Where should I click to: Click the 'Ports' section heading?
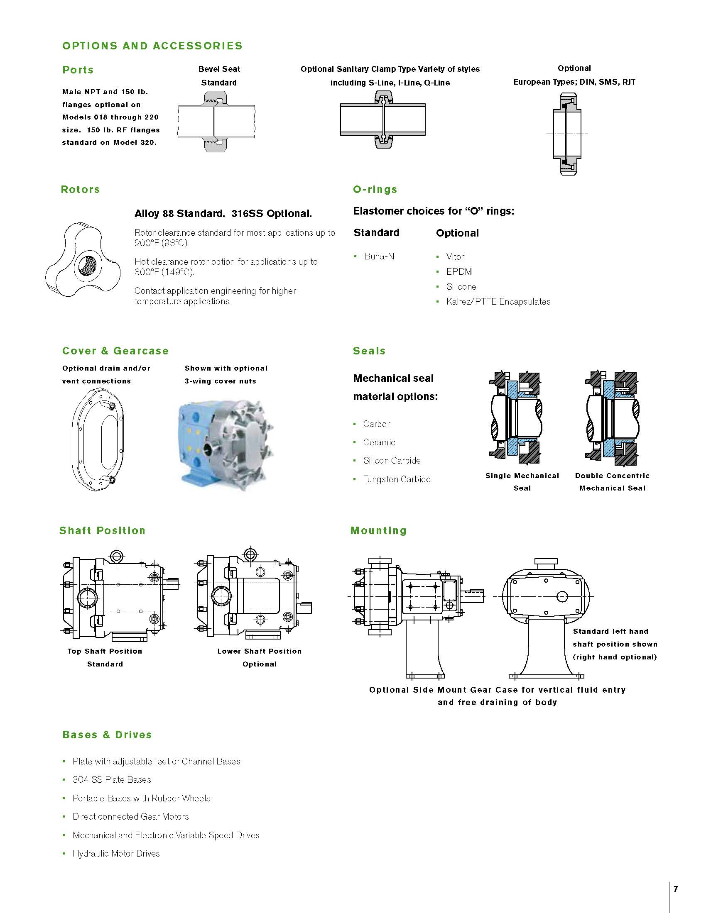pyautogui.click(x=78, y=70)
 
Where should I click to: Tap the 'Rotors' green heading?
pyautogui.click(x=80, y=189)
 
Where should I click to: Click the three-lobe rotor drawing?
pyautogui.click(x=83, y=260)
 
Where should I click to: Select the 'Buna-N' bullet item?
pyautogui.click(x=379, y=256)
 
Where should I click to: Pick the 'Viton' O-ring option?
pyautogui.click(x=456, y=256)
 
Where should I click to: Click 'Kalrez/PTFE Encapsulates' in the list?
pyautogui.click(x=498, y=301)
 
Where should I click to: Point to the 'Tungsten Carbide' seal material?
pyautogui.click(x=397, y=479)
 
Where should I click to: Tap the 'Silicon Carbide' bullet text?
pyautogui.click(x=392, y=460)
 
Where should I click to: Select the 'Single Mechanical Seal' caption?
pyautogui.click(x=522, y=481)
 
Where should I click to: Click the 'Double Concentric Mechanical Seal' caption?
pyautogui.click(x=612, y=481)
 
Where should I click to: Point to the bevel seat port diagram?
pyautogui.click(x=216, y=121)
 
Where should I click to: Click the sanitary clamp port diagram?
pyautogui.click(x=383, y=120)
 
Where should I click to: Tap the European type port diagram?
pyautogui.click(x=567, y=133)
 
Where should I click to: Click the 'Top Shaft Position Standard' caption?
pyautogui.click(x=105, y=657)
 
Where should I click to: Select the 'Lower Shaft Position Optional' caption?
pyautogui.click(x=259, y=657)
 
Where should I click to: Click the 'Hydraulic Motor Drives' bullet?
pyautogui.click(x=116, y=853)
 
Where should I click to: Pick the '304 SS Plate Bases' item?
pyautogui.click(x=112, y=779)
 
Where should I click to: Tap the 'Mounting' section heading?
pyautogui.click(x=378, y=530)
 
